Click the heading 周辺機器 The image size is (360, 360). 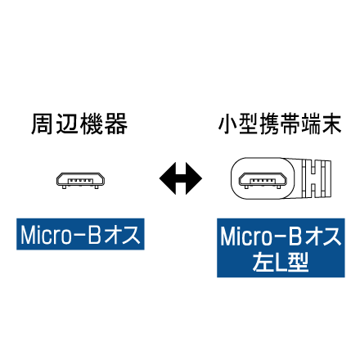(x=79, y=124)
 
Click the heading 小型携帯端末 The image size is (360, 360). (x=280, y=124)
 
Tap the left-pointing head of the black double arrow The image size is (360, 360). (x=168, y=178)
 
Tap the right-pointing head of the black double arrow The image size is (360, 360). (x=194, y=178)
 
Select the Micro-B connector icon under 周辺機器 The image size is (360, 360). (x=80, y=181)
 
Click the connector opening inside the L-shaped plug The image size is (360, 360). (x=263, y=181)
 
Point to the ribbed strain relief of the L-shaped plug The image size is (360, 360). (x=317, y=178)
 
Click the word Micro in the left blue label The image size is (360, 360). (x=46, y=235)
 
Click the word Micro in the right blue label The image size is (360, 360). (x=245, y=236)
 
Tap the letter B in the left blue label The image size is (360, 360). (x=95, y=235)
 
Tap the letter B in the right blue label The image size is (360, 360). (x=295, y=236)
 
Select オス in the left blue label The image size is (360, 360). (x=122, y=235)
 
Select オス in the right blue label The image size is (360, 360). (x=322, y=236)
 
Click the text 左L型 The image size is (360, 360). (x=281, y=262)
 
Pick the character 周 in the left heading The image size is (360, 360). (x=42, y=124)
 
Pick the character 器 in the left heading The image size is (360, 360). (x=117, y=124)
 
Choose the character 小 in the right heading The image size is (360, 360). (x=228, y=124)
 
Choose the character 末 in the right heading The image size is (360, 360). (x=331, y=124)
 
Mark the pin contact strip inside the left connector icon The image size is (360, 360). (x=80, y=181)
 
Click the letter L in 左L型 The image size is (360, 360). (x=281, y=263)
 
